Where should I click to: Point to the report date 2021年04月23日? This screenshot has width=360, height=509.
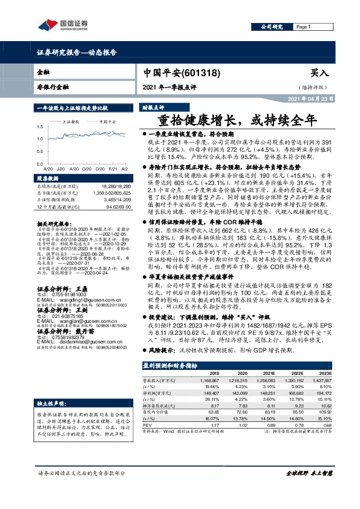pos(309,99)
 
